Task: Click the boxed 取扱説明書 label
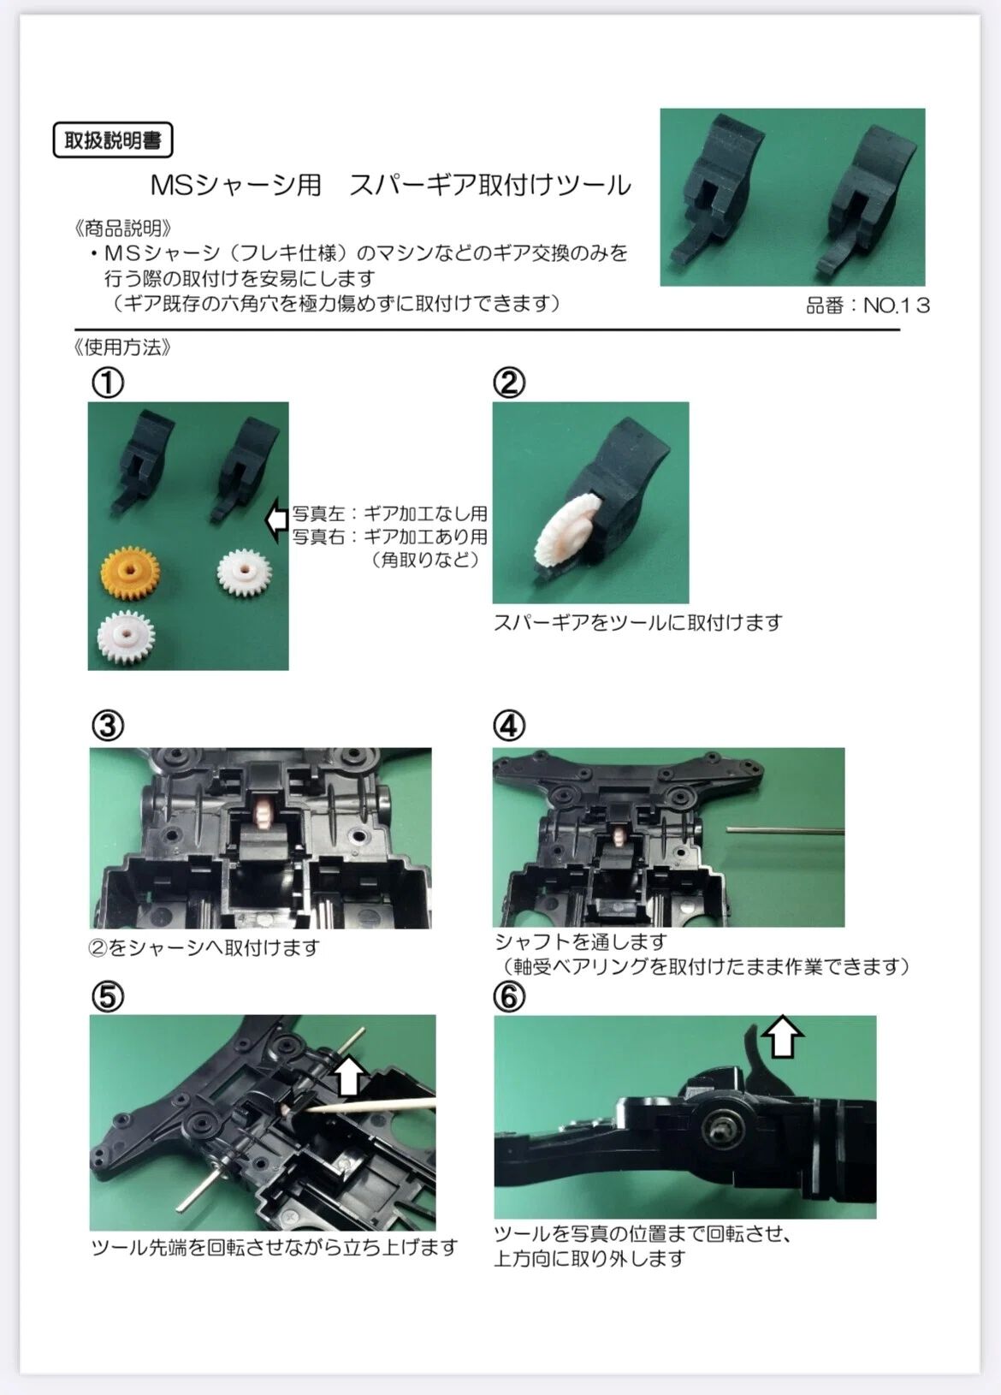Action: point(113,140)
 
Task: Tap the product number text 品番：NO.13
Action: point(868,306)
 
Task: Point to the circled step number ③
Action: point(108,726)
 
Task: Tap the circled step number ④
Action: point(509,726)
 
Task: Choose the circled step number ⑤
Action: point(108,997)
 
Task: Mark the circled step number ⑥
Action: point(509,997)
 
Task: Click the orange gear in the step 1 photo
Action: point(130,573)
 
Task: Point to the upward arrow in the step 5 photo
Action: point(351,1077)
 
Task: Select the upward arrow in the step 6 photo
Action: point(783,1037)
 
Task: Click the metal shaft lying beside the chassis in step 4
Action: point(786,829)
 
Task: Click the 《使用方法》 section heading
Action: point(122,347)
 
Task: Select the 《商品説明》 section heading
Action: point(122,229)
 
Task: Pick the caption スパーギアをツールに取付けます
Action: point(637,622)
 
